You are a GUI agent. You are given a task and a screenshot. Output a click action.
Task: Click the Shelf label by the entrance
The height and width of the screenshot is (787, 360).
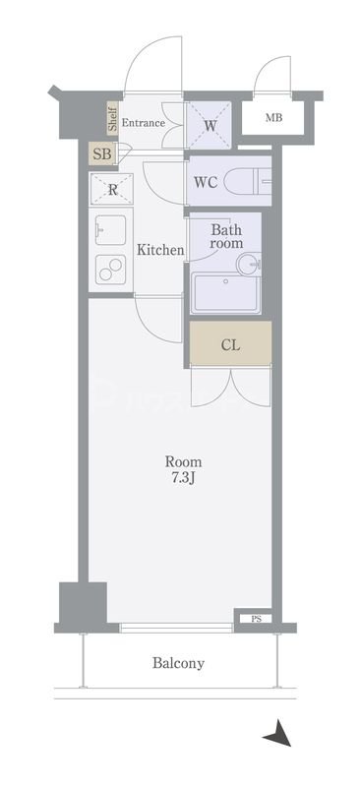pyautogui.click(x=112, y=118)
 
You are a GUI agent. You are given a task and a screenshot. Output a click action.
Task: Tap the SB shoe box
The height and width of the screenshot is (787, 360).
pyautogui.click(x=102, y=153)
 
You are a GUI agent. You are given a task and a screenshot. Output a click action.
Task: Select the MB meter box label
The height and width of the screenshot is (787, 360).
pyautogui.click(x=273, y=118)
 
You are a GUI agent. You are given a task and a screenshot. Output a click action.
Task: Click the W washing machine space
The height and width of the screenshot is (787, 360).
pyautogui.click(x=210, y=126)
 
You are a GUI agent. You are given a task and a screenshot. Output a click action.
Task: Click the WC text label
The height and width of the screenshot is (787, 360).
pyautogui.click(x=206, y=182)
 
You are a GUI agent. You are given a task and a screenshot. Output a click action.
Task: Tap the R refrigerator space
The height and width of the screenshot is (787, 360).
pyautogui.click(x=112, y=189)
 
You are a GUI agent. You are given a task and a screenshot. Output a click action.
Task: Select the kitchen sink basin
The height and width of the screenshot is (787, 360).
pyautogui.click(x=110, y=230)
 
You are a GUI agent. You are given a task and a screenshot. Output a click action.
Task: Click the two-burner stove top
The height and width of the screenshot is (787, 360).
pyautogui.click(x=111, y=269)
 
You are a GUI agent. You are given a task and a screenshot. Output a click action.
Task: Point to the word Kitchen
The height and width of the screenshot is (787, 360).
pyautogui.click(x=160, y=250)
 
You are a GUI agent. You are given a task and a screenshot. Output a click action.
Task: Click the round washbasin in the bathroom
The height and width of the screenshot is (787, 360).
pyautogui.click(x=249, y=263)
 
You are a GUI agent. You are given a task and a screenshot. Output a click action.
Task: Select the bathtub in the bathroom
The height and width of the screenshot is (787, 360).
pyautogui.click(x=226, y=292)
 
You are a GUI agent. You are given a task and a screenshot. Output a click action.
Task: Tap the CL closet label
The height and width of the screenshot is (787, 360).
pyautogui.click(x=230, y=345)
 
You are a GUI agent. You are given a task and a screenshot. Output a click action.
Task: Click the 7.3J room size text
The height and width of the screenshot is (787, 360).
pyautogui.click(x=183, y=478)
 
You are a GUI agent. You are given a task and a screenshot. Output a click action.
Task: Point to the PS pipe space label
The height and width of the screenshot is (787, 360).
pyautogui.click(x=256, y=619)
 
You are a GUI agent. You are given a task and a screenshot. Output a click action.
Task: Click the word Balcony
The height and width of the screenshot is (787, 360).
pyautogui.click(x=179, y=663)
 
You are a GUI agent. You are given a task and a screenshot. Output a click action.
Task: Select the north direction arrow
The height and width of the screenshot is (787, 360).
pyautogui.click(x=277, y=733)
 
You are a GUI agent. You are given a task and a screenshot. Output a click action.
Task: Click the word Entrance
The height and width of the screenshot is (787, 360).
pyautogui.click(x=143, y=122)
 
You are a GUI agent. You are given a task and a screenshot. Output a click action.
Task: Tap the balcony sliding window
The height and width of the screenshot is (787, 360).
pyautogui.click(x=176, y=628)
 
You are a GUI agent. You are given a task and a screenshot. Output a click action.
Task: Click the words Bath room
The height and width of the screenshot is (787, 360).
pyautogui.click(x=226, y=237)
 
